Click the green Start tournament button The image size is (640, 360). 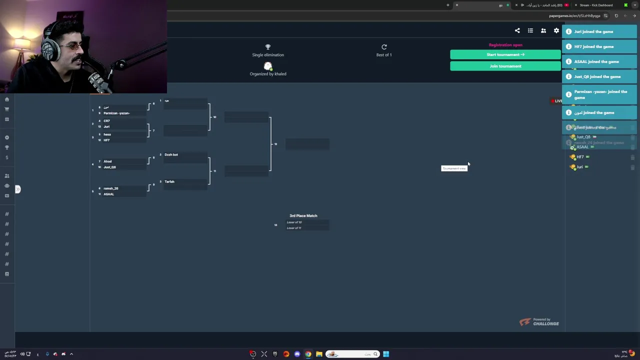[505, 54]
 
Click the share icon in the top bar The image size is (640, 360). [517, 30]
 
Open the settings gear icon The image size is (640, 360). [556, 30]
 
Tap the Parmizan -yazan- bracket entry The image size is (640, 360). [117, 113]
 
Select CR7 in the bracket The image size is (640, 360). [107, 121]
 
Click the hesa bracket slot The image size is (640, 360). [107, 134]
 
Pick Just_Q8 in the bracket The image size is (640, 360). [110, 167]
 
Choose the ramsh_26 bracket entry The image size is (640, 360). [111, 188]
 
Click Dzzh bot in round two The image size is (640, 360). [171, 154]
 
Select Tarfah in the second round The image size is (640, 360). [170, 181]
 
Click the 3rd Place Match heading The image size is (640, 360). [303, 215]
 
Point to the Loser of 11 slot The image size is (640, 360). [294, 228]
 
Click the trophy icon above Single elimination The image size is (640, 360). [267, 47]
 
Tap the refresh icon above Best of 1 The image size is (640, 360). [384, 47]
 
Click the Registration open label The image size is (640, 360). [505, 45]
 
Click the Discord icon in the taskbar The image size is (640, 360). [297, 354]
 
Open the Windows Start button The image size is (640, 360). [386, 354]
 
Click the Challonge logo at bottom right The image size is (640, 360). [539, 322]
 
